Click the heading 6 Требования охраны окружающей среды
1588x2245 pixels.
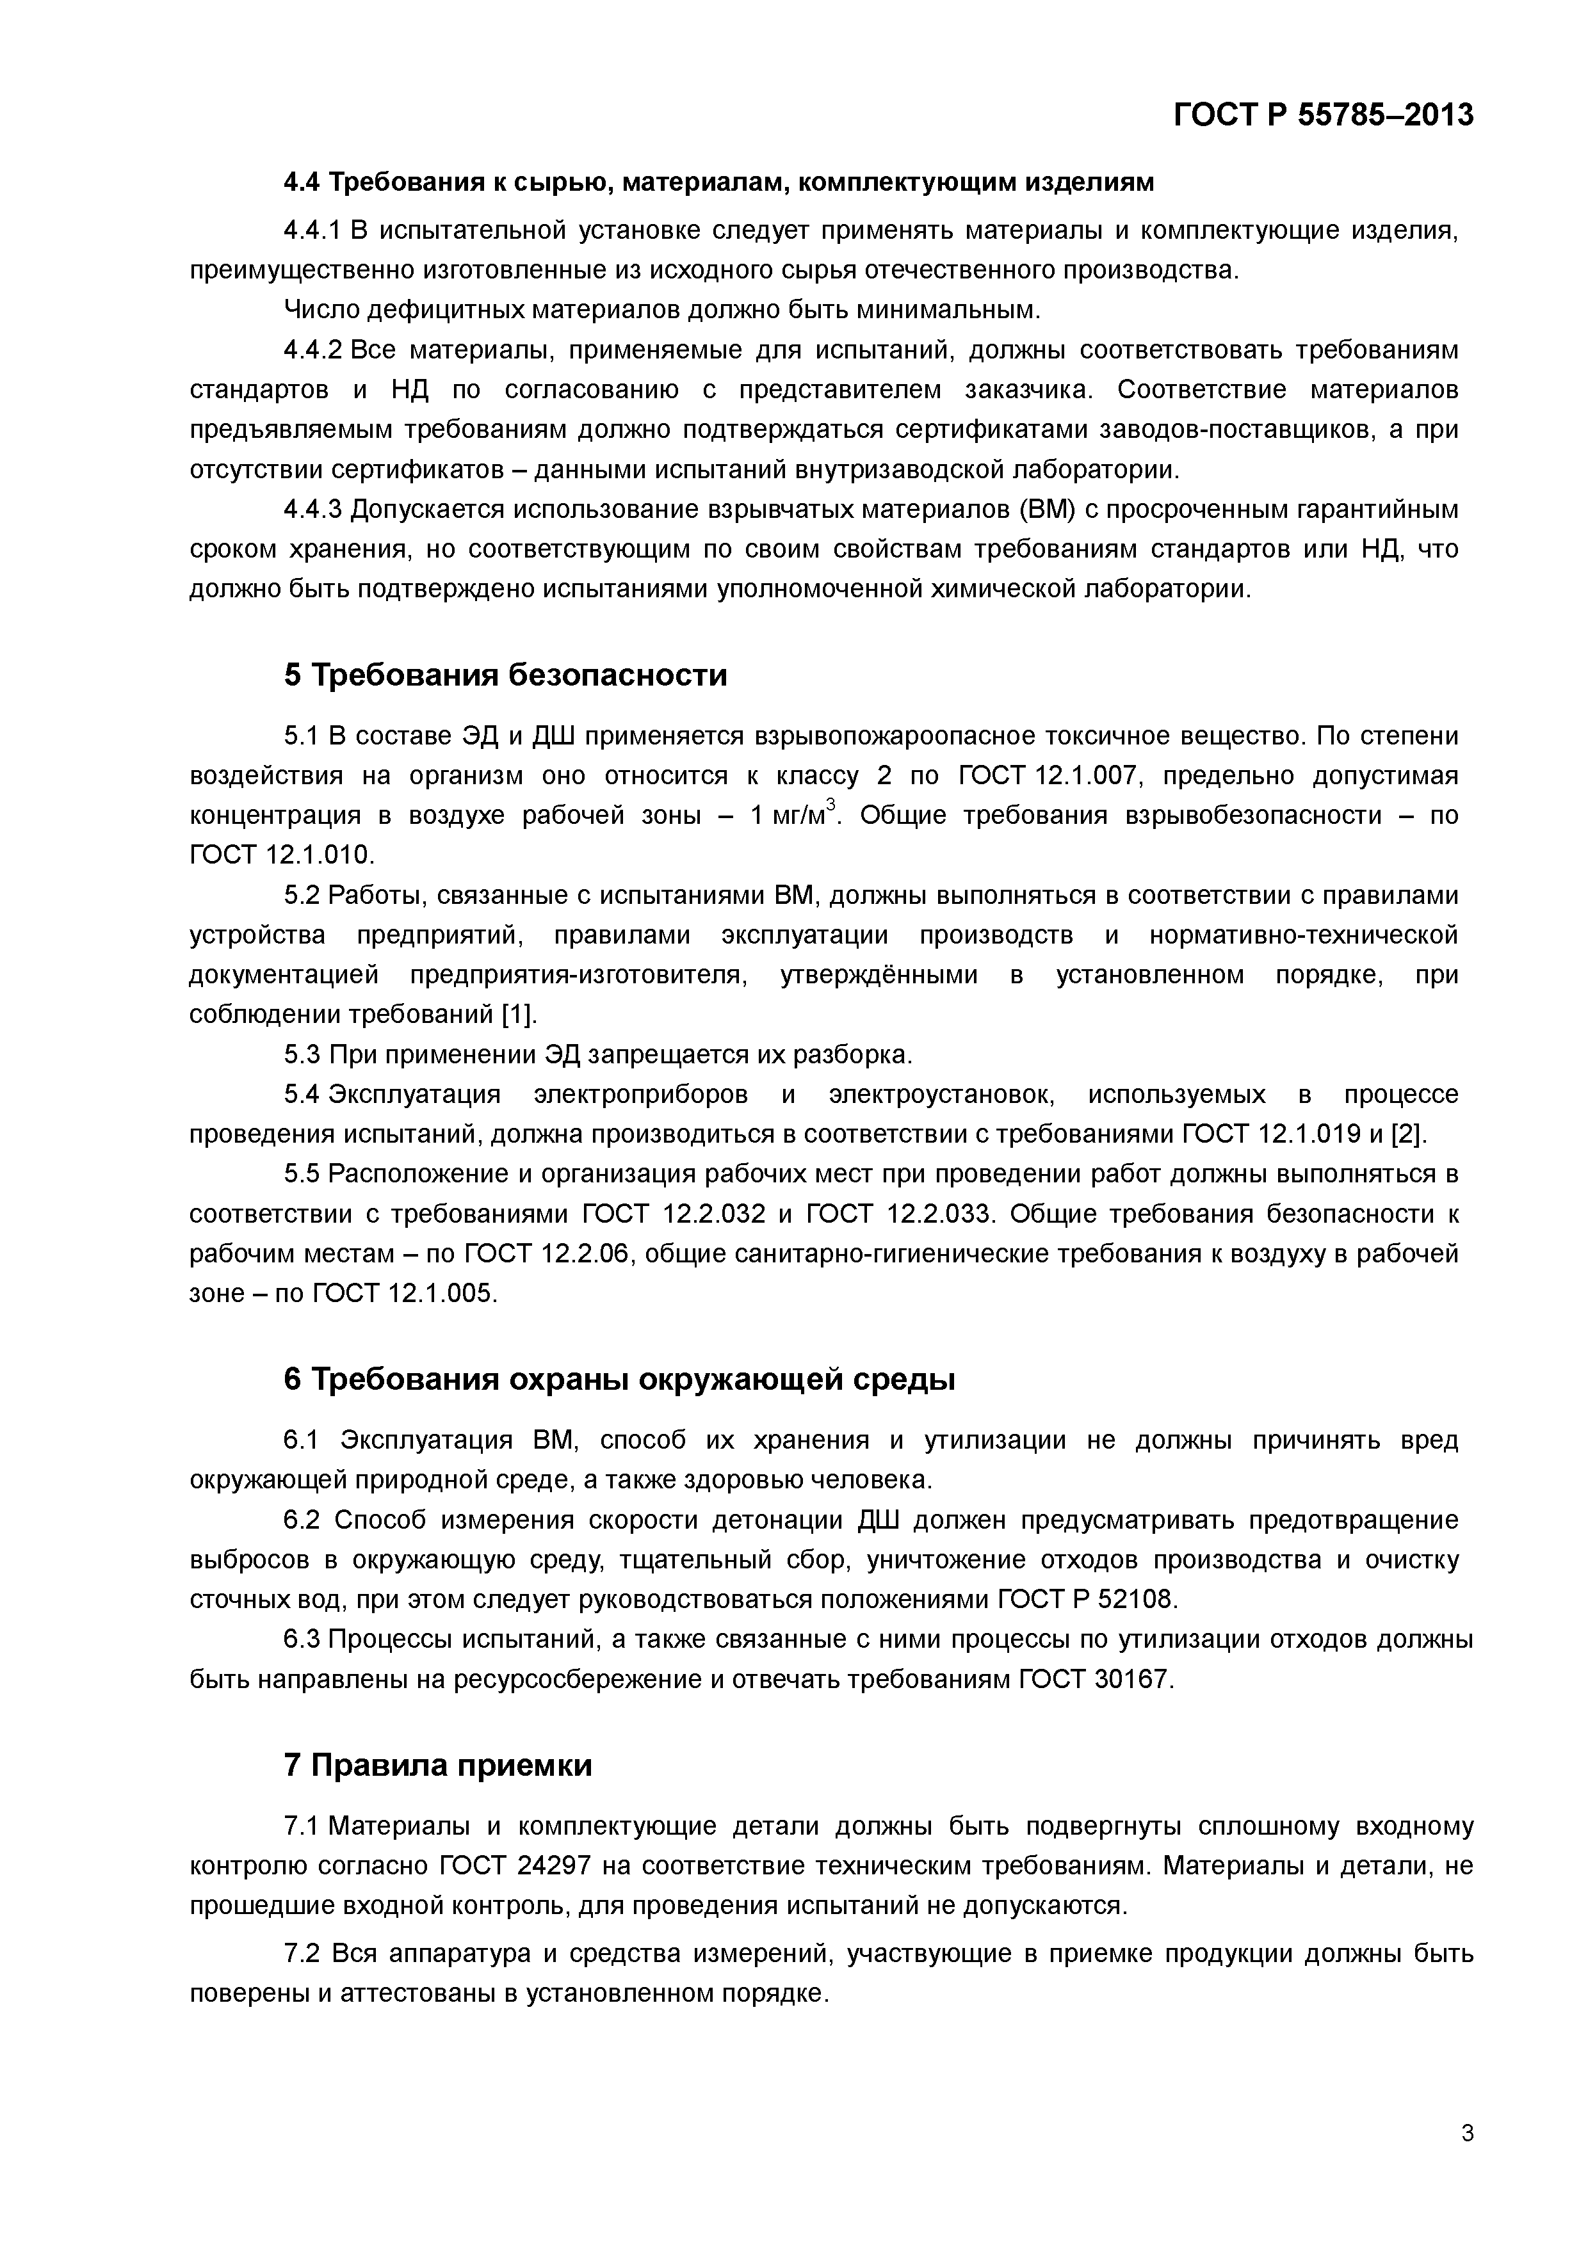coord(619,1380)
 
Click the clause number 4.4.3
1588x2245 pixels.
coord(313,510)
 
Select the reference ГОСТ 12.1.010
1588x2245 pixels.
coord(280,856)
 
